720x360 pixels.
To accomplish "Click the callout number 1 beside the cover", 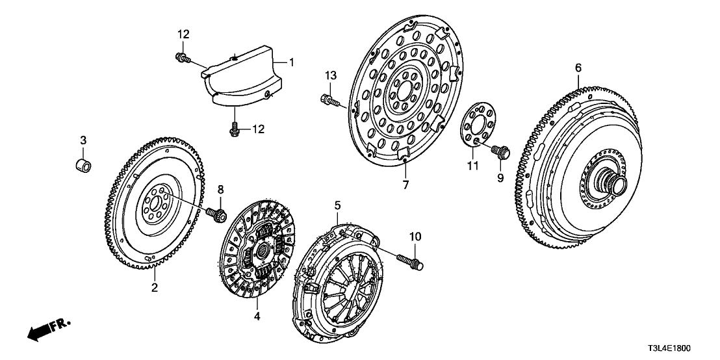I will [x=292, y=62].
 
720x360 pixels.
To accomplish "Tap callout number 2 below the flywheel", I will [x=155, y=287].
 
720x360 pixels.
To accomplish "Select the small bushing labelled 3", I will [x=83, y=162].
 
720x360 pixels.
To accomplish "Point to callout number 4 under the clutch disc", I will [x=257, y=316].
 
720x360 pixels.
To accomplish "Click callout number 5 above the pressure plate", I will [x=337, y=205].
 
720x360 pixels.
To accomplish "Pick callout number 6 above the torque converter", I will [x=578, y=67].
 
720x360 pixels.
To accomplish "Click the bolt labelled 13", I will [x=329, y=99].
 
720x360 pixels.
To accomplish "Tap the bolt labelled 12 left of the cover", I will [x=182, y=59].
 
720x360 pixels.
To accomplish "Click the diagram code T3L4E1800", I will [x=682, y=348].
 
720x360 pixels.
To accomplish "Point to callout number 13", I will [x=331, y=76].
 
